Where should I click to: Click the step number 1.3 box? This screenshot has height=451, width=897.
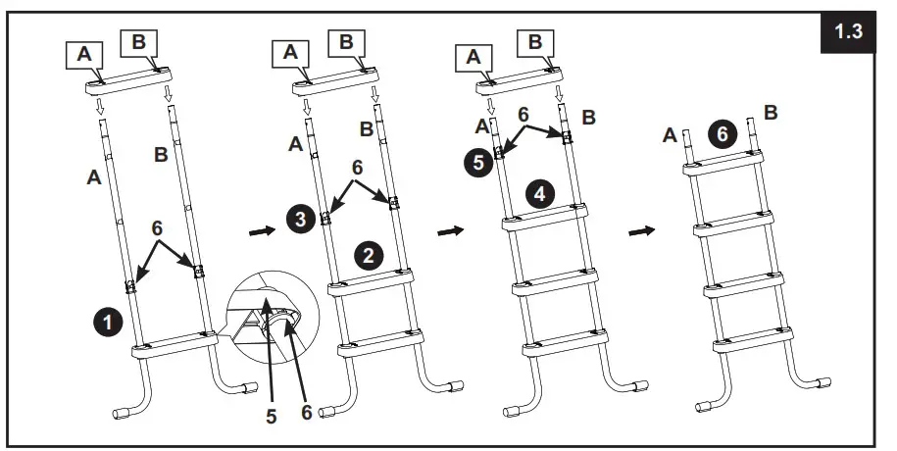[x=848, y=32]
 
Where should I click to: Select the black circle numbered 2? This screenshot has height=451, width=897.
[x=368, y=257]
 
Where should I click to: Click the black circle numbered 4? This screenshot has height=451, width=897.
[x=538, y=193]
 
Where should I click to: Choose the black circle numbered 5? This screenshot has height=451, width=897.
[x=477, y=163]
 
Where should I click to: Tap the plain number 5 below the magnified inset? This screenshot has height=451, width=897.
[x=270, y=417]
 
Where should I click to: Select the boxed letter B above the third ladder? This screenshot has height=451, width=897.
[x=535, y=42]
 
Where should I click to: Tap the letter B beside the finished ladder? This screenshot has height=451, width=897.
[x=770, y=113]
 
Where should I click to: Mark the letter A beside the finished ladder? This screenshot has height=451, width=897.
[x=670, y=135]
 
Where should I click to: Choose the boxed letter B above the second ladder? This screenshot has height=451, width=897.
[x=345, y=42]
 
